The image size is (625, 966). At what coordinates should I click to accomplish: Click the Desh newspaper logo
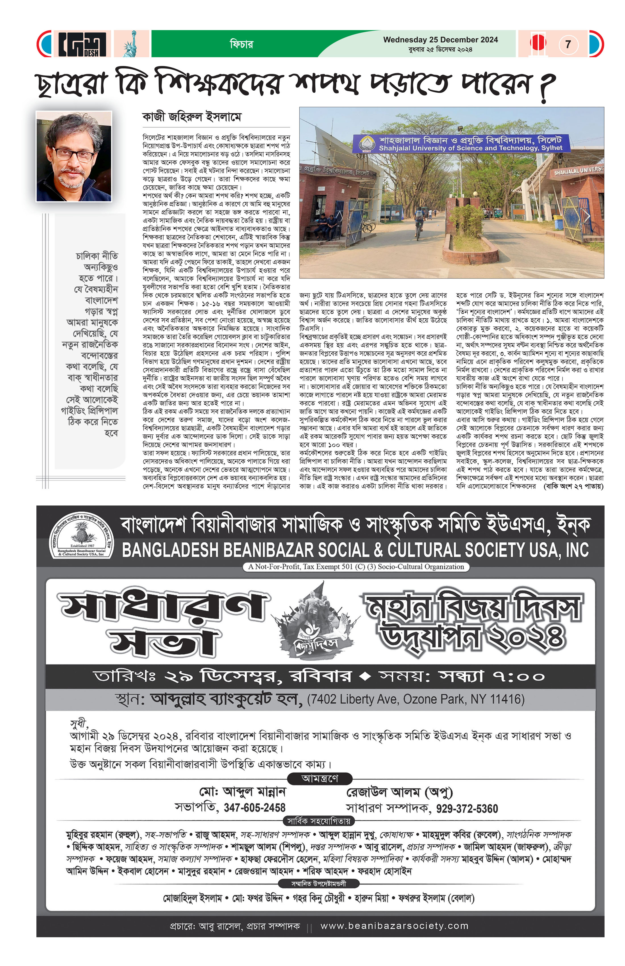[x=82, y=44]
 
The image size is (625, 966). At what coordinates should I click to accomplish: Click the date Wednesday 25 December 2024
[x=440, y=40]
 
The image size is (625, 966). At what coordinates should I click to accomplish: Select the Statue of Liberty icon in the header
[x=131, y=44]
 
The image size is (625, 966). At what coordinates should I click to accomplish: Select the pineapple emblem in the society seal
[x=82, y=531]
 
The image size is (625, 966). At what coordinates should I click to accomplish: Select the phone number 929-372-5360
[x=467, y=809]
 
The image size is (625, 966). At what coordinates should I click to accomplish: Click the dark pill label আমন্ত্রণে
[x=320, y=778]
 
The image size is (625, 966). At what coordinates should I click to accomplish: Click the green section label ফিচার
[x=241, y=44]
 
